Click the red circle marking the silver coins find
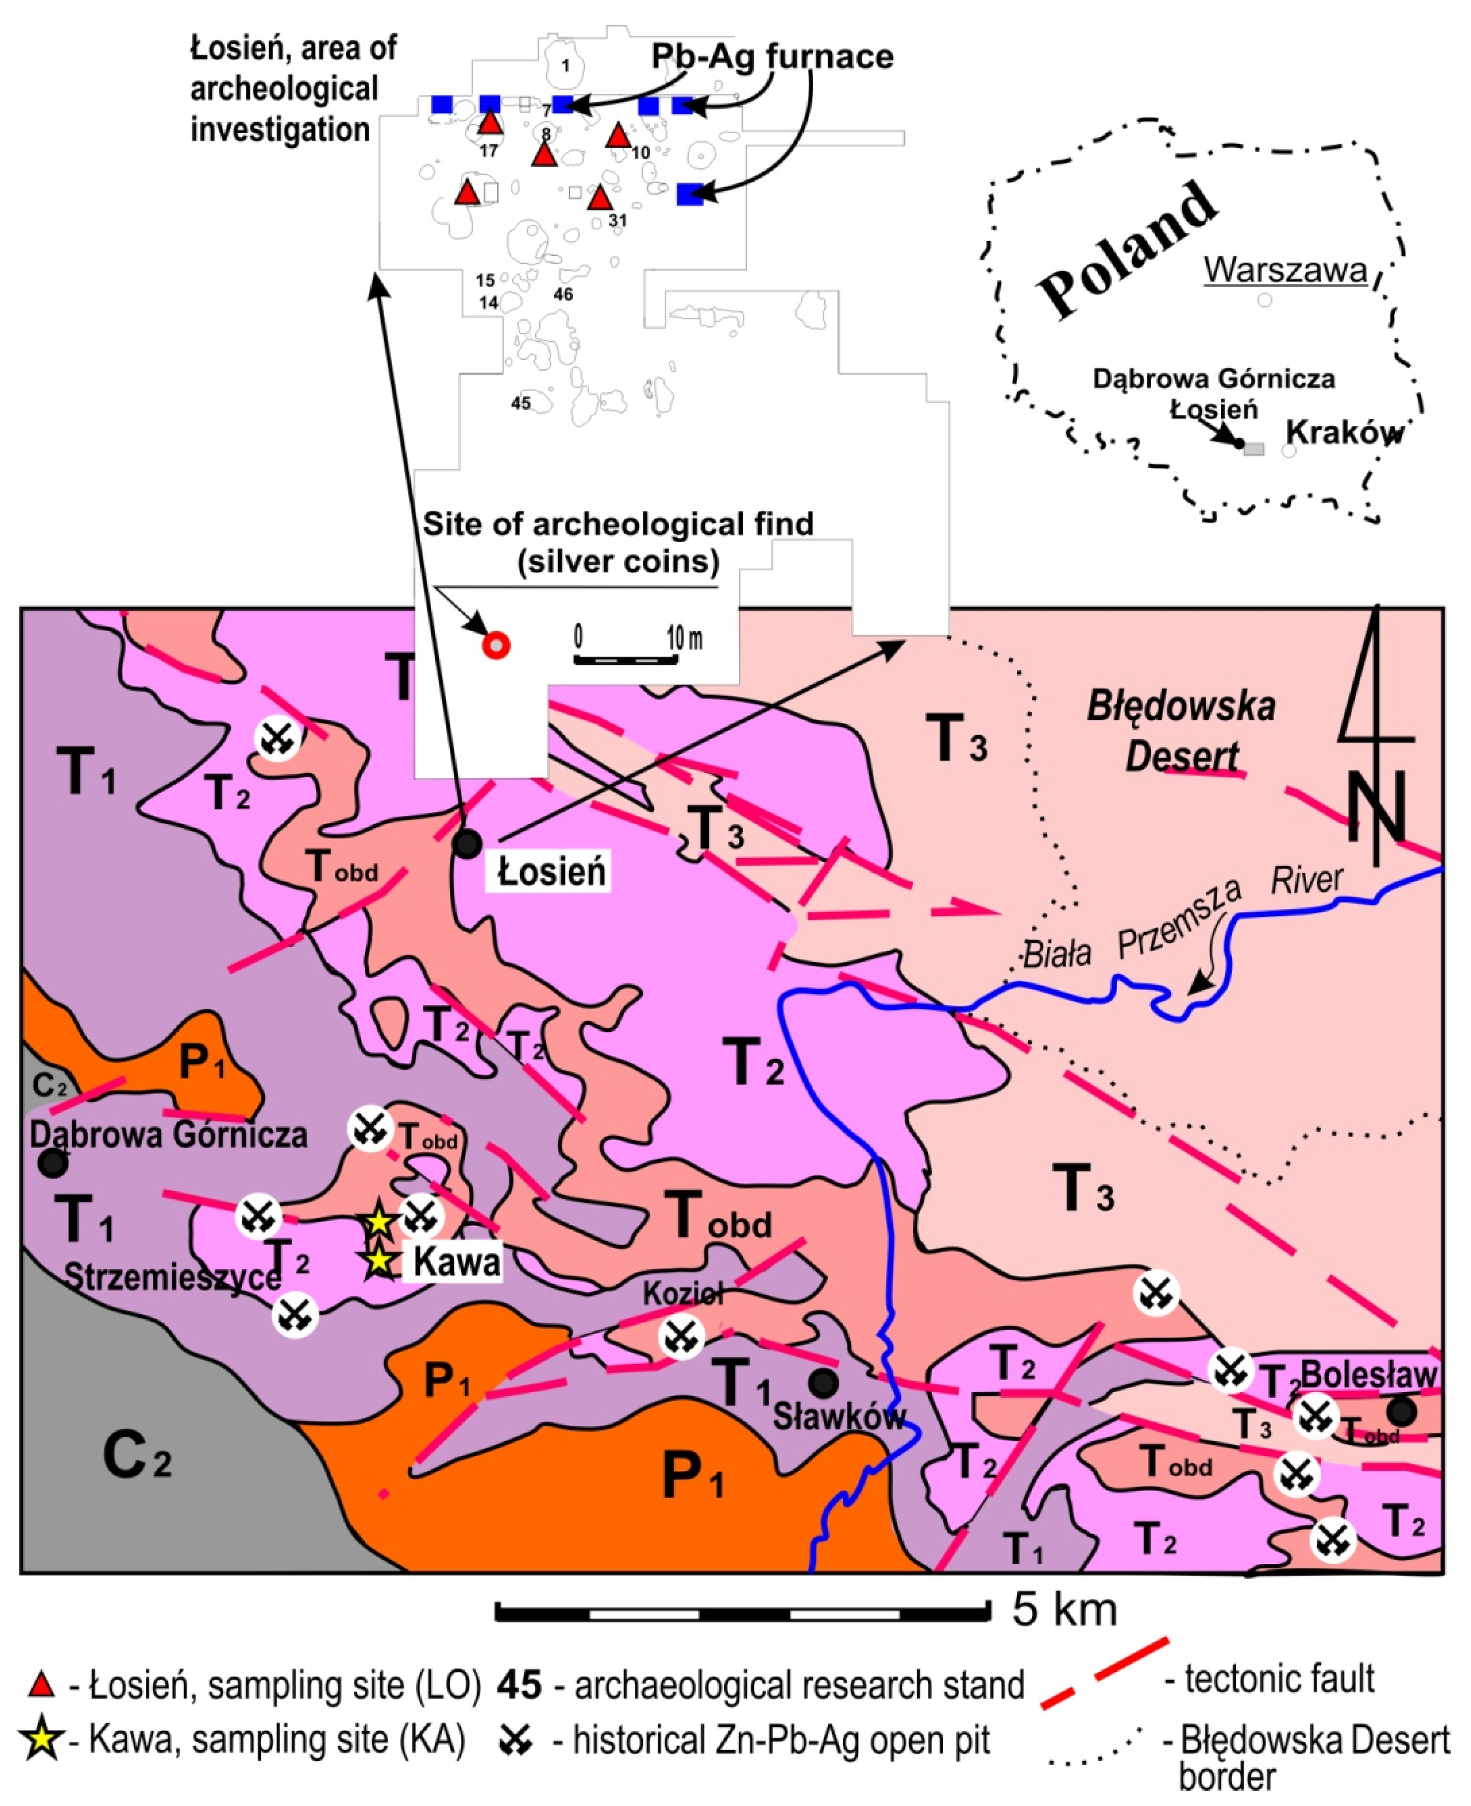496,646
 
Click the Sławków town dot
823,1383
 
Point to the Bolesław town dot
1402,1411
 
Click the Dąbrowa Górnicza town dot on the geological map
52,1163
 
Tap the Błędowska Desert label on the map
1181,731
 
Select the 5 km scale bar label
1064,1609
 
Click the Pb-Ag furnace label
772,57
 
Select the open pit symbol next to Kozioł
681,1337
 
